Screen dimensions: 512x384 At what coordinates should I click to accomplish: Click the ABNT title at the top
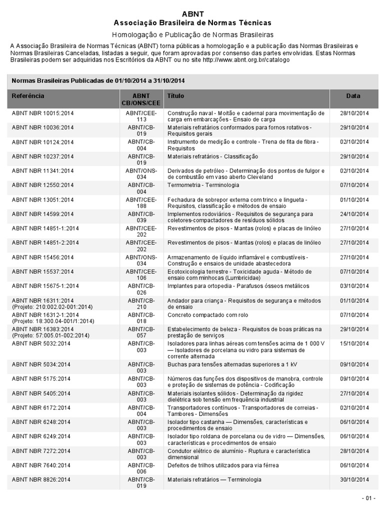click(192, 13)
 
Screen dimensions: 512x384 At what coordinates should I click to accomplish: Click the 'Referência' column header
click(28, 95)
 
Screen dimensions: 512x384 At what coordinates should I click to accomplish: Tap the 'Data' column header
click(353, 95)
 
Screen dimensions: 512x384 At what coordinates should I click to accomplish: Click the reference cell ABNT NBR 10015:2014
click(42, 113)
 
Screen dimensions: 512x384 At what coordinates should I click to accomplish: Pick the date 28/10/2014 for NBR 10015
click(353, 113)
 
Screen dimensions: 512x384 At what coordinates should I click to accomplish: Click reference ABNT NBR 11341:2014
click(42, 171)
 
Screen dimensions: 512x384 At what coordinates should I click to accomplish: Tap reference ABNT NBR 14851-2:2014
click(45, 243)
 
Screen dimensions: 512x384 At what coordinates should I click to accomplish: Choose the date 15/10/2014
click(353, 344)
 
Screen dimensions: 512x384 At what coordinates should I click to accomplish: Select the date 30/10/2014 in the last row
click(353, 479)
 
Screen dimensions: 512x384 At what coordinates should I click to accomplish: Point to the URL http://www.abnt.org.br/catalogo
click(246, 60)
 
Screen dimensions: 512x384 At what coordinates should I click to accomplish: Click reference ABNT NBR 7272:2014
click(41, 450)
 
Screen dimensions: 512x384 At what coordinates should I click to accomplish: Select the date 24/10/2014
click(353, 214)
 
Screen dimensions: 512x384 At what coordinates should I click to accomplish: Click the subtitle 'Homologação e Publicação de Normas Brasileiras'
click(192, 35)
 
